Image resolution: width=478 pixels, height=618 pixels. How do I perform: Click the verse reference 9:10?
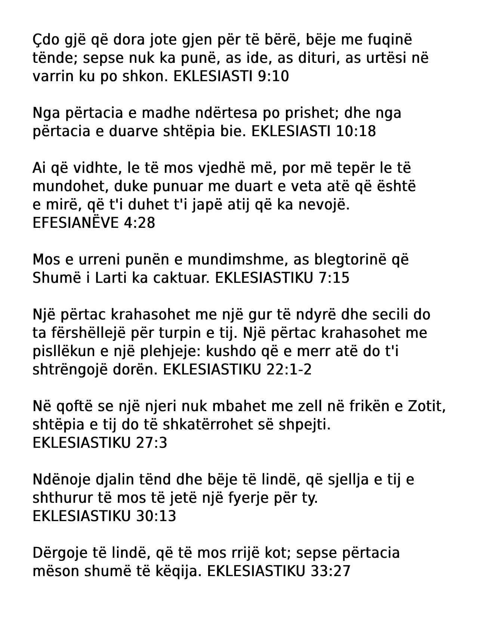coord(274,76)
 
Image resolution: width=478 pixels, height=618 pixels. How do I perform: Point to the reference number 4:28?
coord(139,223)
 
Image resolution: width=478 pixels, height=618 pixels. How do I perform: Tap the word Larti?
coord(112,278)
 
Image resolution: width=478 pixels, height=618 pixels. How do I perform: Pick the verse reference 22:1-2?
coord(290,370)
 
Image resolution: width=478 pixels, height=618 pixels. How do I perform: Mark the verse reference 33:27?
coord(330,571)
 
